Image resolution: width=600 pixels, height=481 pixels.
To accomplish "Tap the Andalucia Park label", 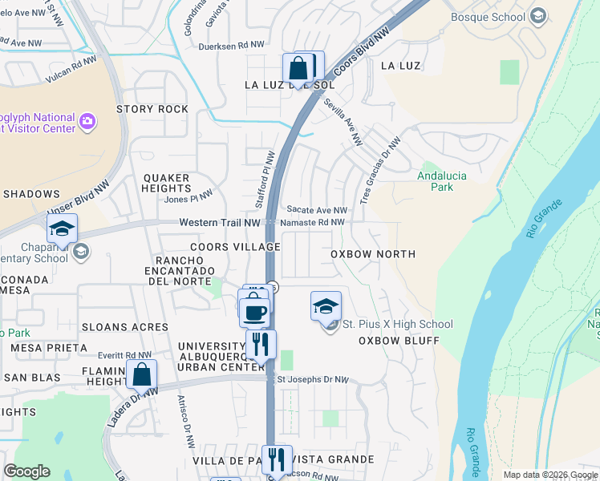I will tap(436, 181).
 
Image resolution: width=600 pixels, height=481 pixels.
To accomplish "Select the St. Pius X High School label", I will tap(397, 325).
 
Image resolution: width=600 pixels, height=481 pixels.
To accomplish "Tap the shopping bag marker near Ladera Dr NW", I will tap(142, 374).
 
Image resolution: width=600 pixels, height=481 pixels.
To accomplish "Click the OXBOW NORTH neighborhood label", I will tap(373, 254).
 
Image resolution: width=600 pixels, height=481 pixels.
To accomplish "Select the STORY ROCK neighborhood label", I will tap(152, 109).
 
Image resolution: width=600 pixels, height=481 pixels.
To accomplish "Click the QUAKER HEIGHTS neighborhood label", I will tap(166, 183).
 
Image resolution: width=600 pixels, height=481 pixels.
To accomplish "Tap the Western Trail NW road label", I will tap(220, 222).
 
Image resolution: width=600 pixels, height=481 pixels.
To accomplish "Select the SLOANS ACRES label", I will tap(124, 327).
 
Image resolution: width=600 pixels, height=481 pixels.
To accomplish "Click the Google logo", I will tap(27, 471).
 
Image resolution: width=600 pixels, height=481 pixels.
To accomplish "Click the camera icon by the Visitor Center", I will tap(87, 123).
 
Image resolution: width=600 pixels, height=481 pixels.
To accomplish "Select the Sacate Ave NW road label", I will tap(316, 210).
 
